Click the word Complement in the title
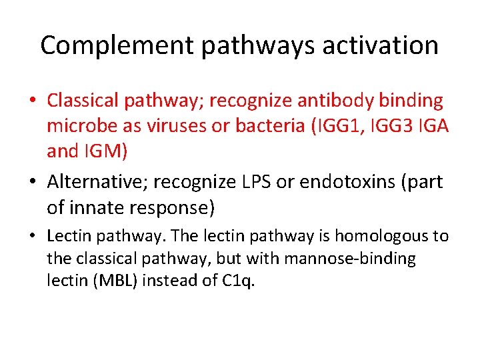(117, 46)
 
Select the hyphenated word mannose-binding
(358, 259)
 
